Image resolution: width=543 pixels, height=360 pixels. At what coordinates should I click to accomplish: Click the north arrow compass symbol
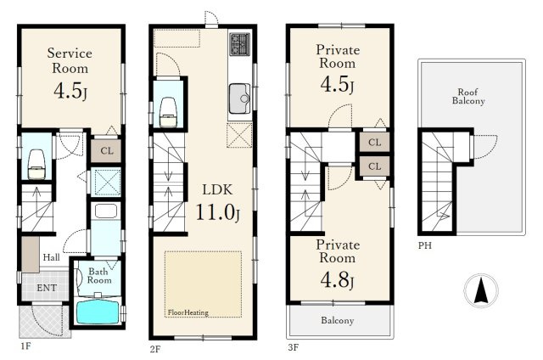click(x=481, y=290)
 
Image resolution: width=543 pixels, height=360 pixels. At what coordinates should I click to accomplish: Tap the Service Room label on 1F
click(x=70, y=60)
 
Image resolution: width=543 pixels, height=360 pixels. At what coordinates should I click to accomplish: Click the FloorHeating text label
click(x=188, y=312)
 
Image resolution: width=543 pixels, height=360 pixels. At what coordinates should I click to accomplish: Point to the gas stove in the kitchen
click(x=239, y=44)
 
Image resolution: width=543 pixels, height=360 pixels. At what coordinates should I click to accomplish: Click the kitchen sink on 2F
click(x=239, y=98)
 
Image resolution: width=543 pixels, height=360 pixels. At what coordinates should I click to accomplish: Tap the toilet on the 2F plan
click(x=168, y=111)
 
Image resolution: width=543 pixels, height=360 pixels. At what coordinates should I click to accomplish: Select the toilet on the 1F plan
click(x=36, y=164)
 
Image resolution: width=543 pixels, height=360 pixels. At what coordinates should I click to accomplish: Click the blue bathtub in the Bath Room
click(x=98, y=312)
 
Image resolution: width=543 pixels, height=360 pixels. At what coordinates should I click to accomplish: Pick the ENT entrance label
click(x=47, y=288)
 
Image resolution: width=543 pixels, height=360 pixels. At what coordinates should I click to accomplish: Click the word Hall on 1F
click(x=51, y=257)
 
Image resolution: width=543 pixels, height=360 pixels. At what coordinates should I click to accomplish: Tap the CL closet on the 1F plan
click(x=107, y=151)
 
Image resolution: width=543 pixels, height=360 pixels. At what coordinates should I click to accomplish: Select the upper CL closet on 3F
click(x=375, y=142)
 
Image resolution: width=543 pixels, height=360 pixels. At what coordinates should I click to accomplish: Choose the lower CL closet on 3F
click(x=375, y=166)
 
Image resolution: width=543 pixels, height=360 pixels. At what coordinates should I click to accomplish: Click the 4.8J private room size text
click(x=337, y=280)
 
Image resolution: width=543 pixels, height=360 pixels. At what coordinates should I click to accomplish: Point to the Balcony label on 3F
click(x=338, y=320)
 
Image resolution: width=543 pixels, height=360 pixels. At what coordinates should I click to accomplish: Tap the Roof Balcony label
click(x=468, y=96)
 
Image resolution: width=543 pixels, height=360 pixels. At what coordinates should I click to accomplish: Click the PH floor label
click(x=425, y=245)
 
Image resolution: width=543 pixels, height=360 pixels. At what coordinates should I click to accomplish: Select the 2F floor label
click(x=155, y=349)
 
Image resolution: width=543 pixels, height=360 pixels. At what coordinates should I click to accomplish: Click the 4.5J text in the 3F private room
click(x=337, y=85)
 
